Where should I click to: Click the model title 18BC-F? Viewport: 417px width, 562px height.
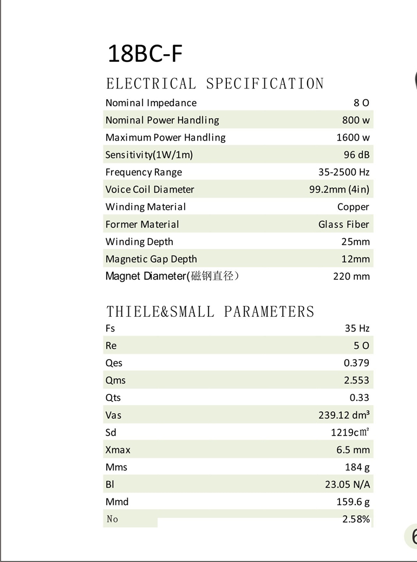(x=145, y=54)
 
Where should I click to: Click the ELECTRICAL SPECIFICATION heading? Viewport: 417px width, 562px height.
(x=215, y=84)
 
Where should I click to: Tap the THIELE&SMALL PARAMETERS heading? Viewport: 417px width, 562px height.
(x=210, y=311)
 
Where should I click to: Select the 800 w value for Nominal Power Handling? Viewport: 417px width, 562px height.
(x=356, y=120)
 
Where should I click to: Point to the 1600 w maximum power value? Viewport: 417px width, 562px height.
(x=353, y=137)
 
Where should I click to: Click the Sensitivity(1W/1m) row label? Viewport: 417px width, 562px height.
(x=149, y=155)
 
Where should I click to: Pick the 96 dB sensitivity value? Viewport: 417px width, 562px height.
(x=356, y=155)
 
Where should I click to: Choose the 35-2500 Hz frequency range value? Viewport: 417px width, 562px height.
(x=344, y=172)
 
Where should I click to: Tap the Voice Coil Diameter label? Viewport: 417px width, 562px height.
(x=149, y=189)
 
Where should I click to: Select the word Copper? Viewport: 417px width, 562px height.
(x=353, y=207)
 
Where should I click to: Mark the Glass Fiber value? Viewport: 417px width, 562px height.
(x=344, y=224)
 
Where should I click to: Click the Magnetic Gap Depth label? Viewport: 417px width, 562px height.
(x=151, y=259)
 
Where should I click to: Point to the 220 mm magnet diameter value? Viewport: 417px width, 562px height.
(x=351, y=276)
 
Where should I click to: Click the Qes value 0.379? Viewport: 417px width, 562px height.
(x=356, y=363)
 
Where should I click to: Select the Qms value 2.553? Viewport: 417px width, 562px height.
(x=356, y=380)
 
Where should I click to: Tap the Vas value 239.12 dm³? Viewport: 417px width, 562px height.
(x=344, y=415)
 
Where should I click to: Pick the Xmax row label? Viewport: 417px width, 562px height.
(x=118, y=450)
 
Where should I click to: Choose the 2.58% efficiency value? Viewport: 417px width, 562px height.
(x=356, y=519)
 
